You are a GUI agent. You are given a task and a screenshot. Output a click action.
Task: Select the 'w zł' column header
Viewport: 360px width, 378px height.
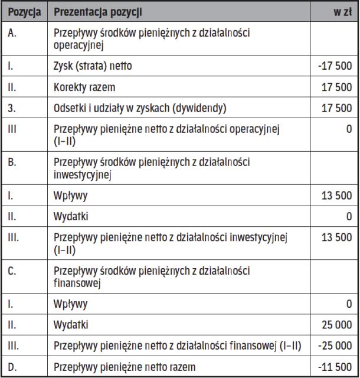pyautogui.click(x=342, y=12)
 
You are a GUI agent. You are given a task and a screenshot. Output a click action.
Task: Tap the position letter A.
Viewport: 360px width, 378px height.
pyautogui.click(x=13, y=34)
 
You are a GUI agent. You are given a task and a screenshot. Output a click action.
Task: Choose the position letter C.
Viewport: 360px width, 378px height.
pyautogui.click(x=13, y=272)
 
